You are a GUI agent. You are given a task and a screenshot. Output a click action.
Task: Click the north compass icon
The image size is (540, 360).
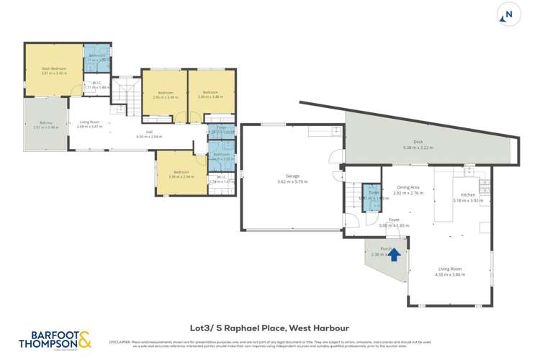[509, 14]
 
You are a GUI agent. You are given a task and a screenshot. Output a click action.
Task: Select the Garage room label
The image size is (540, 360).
[292, 176]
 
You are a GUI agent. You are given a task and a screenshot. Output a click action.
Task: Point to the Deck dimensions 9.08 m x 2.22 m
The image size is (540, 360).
[418, 147]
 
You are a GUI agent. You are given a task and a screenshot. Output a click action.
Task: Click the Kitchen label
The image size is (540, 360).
[467, 195]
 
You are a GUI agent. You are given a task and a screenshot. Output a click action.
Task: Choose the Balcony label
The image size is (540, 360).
[46, 123]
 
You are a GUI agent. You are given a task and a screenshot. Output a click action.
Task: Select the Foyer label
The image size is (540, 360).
[394, 220]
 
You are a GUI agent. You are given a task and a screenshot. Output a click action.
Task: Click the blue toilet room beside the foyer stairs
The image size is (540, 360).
[370, 197]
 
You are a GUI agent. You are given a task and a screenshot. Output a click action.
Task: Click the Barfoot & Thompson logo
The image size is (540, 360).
[55, 338]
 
